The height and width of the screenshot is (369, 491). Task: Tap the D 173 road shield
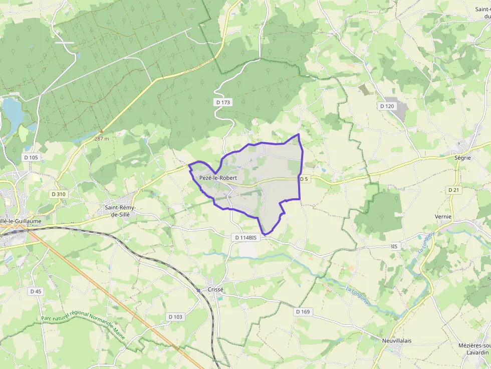point(223,102)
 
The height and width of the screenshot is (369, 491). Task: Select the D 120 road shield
point(387,106)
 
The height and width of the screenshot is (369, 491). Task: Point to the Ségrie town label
point(462,157)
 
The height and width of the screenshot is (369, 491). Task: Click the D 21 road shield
point(453,190)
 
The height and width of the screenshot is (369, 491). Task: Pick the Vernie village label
point(443,217)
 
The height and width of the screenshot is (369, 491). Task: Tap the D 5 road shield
point(304,179)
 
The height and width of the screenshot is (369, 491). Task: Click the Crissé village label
point(215,289)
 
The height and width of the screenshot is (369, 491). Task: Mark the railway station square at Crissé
point(198,290)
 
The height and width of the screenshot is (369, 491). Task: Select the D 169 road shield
point(303,311)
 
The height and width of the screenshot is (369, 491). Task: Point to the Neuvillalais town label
point(396,340)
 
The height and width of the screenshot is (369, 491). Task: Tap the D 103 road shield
point(175,317)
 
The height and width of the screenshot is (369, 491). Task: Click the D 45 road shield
point(36,291)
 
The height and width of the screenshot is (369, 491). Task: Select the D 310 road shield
point(58,194)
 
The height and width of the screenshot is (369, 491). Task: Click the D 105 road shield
point(31,157)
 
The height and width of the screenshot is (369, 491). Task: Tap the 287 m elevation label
point(101,139)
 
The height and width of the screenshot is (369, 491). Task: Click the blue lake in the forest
point(12,111)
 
